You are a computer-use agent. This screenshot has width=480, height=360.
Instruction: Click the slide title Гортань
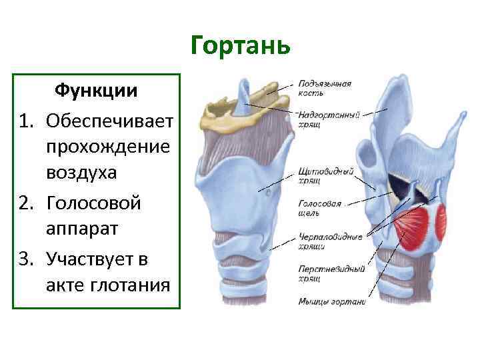240,46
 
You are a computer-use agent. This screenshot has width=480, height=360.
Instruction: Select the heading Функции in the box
96,90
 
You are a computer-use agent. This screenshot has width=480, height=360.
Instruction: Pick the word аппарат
81,229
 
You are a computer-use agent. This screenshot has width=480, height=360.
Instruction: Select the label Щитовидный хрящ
326,176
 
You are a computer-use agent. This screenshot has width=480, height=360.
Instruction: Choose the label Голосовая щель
320,208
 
